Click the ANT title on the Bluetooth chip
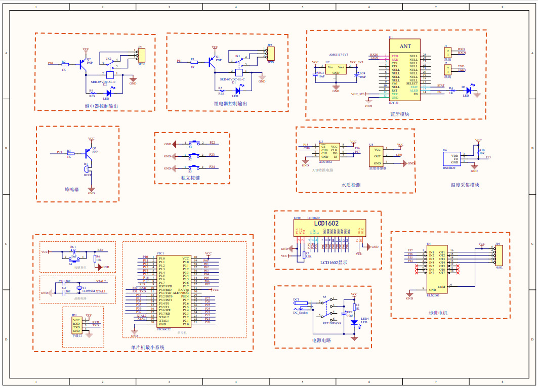pyautogui.click(x=404, y=47)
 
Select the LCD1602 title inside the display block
pyautogui.click(x=326, y=223)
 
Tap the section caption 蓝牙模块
pyautogui.click(x=399, y=114)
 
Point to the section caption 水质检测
pyautogui.click(x=351, y=185)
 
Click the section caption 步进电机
pyautogui.click(x=438, y=313)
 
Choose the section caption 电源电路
pyautogui.click(x=321, y=340)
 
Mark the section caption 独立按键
pyautogui.click(x=190, y=178)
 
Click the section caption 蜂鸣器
pyautogui.click(x=72, y=189)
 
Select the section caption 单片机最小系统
pyautogui.click(x=147, y=347)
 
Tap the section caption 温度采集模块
pyautogui.click(x=465, y=185)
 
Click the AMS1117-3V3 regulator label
pyautogui.click(x=339, y=54)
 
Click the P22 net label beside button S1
pyautogui.click(x=212, y=143)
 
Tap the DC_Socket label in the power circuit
pyautogui.click(x=300, y=313)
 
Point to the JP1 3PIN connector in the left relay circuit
pyautogui.click(x=141, y=55)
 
